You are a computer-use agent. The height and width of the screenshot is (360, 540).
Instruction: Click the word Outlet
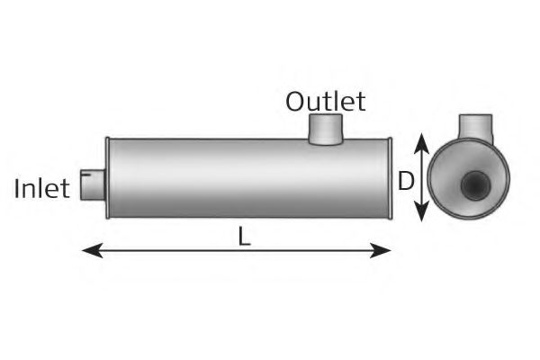(325, 101)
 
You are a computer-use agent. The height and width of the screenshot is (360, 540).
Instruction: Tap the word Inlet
(42, 188)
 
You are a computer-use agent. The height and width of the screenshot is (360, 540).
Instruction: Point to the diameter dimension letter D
(406, 183)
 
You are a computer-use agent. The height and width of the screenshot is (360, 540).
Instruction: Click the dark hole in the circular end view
(474, 185)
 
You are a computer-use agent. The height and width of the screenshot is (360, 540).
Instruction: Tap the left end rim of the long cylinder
(108, 177)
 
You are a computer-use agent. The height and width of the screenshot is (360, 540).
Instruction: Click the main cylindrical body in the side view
(243, 177)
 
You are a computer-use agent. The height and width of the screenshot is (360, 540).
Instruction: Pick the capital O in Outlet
(295, 101)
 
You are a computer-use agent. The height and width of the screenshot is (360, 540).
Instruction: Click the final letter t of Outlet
(361, 101)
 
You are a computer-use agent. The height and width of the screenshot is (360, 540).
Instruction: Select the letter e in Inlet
(54, 190)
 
